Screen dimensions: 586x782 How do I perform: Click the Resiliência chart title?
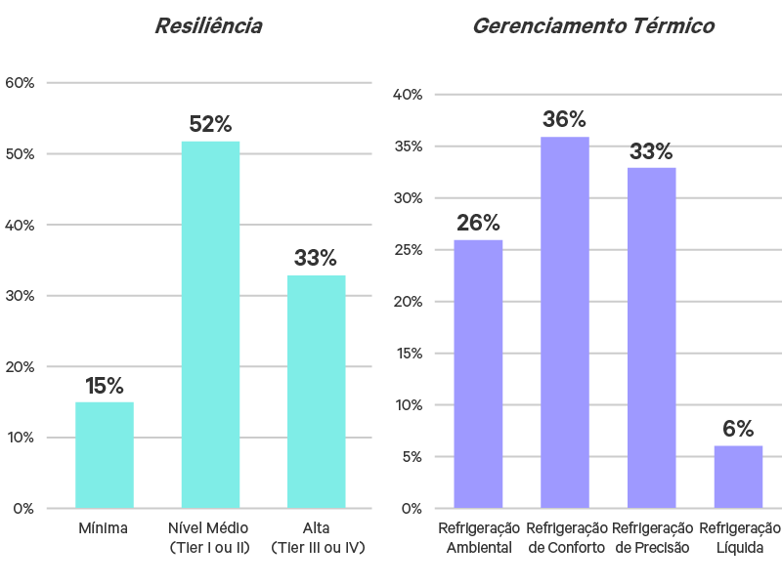tap(208, 26)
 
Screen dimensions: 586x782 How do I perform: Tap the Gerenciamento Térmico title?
tap(593, 26)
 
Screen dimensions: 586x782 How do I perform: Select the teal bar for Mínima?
tap(105, 454)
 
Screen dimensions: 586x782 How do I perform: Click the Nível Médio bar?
tap(210, 324)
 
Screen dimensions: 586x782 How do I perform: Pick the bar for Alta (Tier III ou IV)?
tap(316, 391)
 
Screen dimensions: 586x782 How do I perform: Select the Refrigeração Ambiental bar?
tap(478, 373)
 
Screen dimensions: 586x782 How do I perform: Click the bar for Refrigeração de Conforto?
tap(564, 322)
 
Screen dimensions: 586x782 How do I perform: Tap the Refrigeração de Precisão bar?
tap(651, 337)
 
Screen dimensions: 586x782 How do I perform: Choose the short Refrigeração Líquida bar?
tap(738, 477)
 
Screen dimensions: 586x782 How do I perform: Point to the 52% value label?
tap(210, 125)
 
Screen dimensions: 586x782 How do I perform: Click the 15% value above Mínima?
tap(105, 386)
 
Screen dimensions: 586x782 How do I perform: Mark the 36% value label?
tap(564, 120)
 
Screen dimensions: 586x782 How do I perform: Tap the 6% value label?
tap(738, 429)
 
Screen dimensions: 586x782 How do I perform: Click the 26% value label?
tap(478, 224)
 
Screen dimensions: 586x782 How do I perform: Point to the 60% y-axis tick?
tap(21, 83)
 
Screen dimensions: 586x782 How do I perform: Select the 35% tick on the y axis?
tap(407, 146)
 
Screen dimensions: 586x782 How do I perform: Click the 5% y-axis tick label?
tap(410, 456)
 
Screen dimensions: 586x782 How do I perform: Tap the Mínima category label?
tap(104, 528)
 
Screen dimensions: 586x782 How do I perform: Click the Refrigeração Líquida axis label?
tap(740, 537)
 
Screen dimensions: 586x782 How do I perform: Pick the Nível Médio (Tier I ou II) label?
tap(209, 537)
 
